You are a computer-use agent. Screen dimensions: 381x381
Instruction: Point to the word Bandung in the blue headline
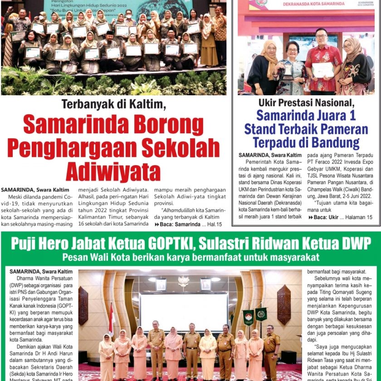pos(337,143)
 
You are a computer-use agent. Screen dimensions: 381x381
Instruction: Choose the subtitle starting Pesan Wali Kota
pos(190,257)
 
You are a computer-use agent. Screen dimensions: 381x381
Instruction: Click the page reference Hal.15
pos(212,224)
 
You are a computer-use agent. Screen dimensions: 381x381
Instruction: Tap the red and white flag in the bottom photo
pos(112,317)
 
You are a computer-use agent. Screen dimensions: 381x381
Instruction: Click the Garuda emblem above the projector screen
pos(183,282)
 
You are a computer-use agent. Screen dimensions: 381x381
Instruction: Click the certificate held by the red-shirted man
pos(323,69)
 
